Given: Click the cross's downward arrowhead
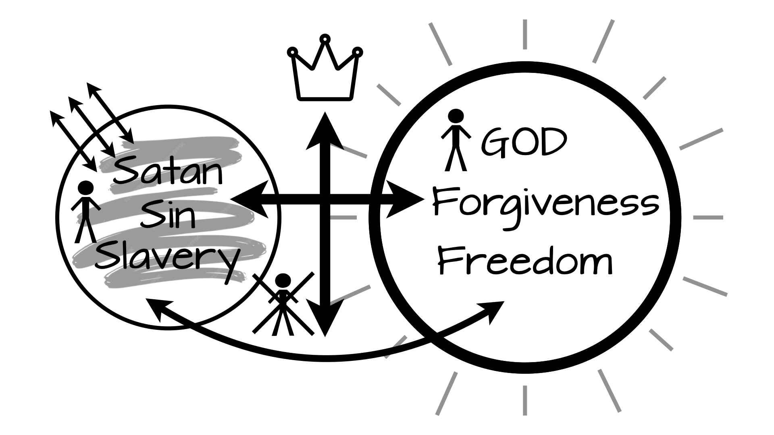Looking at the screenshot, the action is (x=325, y=318).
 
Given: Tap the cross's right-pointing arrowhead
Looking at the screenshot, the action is (x=405, y=199).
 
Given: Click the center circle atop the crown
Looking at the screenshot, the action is (x=325, y=39).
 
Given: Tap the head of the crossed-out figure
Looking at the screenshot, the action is (x=283, y=281).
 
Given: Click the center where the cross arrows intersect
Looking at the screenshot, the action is (x=325, y=199).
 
